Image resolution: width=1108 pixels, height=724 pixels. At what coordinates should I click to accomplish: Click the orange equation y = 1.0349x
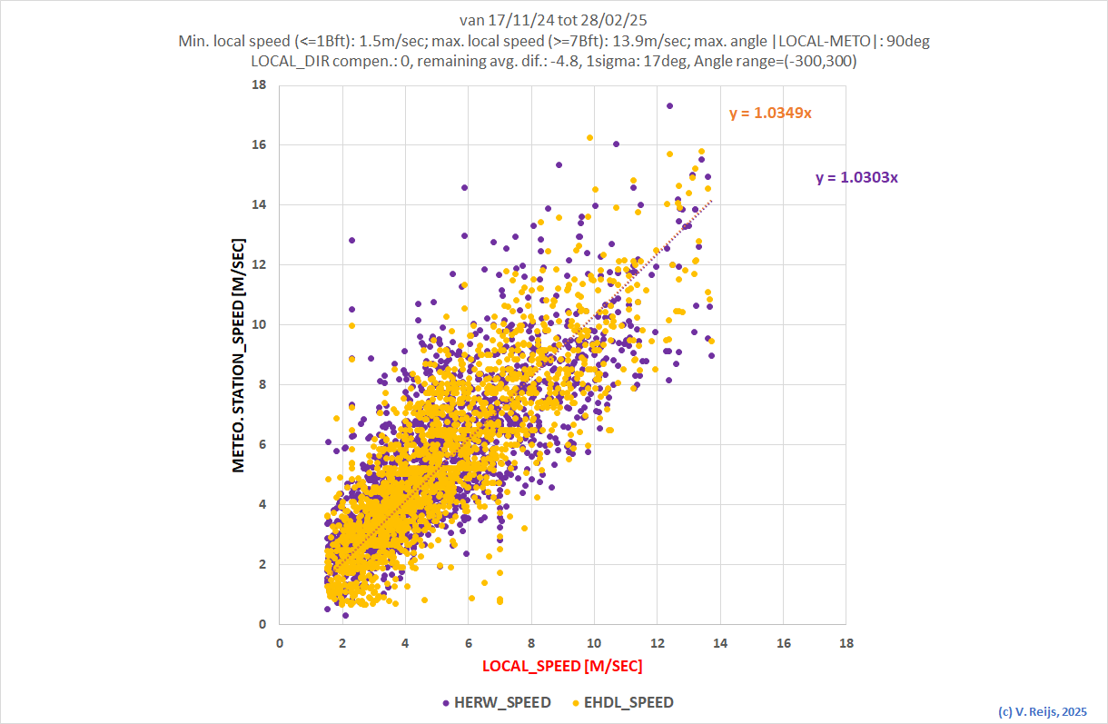770,114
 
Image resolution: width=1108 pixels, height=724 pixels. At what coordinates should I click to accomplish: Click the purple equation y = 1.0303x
856,178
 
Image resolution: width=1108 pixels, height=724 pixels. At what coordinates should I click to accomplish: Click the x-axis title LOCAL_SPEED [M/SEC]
561,666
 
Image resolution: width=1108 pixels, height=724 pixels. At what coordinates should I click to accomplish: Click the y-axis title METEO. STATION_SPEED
239,354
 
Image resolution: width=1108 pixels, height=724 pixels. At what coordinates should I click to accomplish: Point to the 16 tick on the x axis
783,642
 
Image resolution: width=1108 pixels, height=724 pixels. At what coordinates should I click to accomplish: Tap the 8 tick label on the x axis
530,642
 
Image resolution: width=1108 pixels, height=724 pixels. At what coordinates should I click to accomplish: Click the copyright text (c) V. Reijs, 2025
1042,711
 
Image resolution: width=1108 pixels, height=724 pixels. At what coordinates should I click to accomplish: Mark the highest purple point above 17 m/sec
669,105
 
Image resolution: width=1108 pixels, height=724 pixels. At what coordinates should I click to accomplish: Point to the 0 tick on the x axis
279,642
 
